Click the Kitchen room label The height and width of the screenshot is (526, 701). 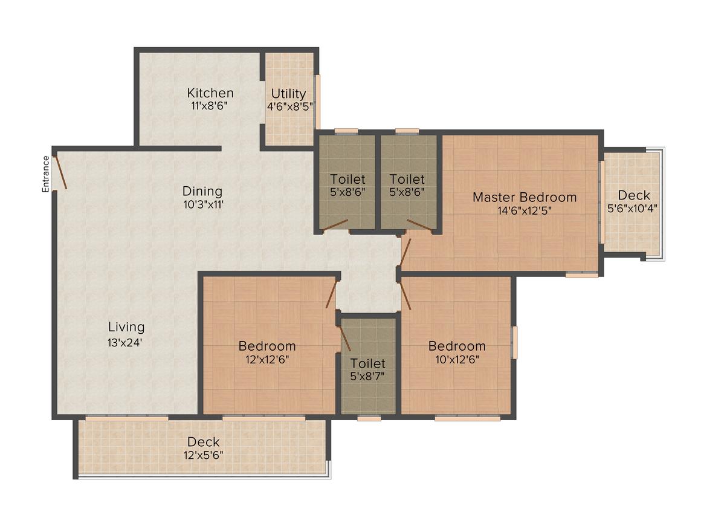[x=210, y=93]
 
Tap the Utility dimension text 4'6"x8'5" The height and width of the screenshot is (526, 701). [x=289, y=106]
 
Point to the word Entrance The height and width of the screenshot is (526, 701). [x=45, y=174]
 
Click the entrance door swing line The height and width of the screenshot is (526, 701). [x=60, y=172]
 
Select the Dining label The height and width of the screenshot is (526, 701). [x=202, y=192]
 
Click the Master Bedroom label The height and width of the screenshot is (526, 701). [x=525, y=197]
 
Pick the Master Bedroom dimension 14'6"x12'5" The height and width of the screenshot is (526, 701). [x=525, y=210]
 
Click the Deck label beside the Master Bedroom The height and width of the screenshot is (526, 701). [x=634, y=195]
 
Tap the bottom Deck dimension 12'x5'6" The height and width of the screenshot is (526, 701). [x=204, y=455]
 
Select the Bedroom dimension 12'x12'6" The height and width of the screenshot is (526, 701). [x=267, y=359]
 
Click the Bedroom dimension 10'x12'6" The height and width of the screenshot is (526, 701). [x=457, y=359]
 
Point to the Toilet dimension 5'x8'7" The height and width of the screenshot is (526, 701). [x=367, y=376]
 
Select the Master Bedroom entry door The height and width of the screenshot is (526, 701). [x=406, y=252]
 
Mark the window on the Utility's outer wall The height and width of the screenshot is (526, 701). [x=318, y=102]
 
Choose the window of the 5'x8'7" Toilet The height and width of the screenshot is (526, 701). [x=369, y=419]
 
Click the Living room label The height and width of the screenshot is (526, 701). [x=126, y=328]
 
